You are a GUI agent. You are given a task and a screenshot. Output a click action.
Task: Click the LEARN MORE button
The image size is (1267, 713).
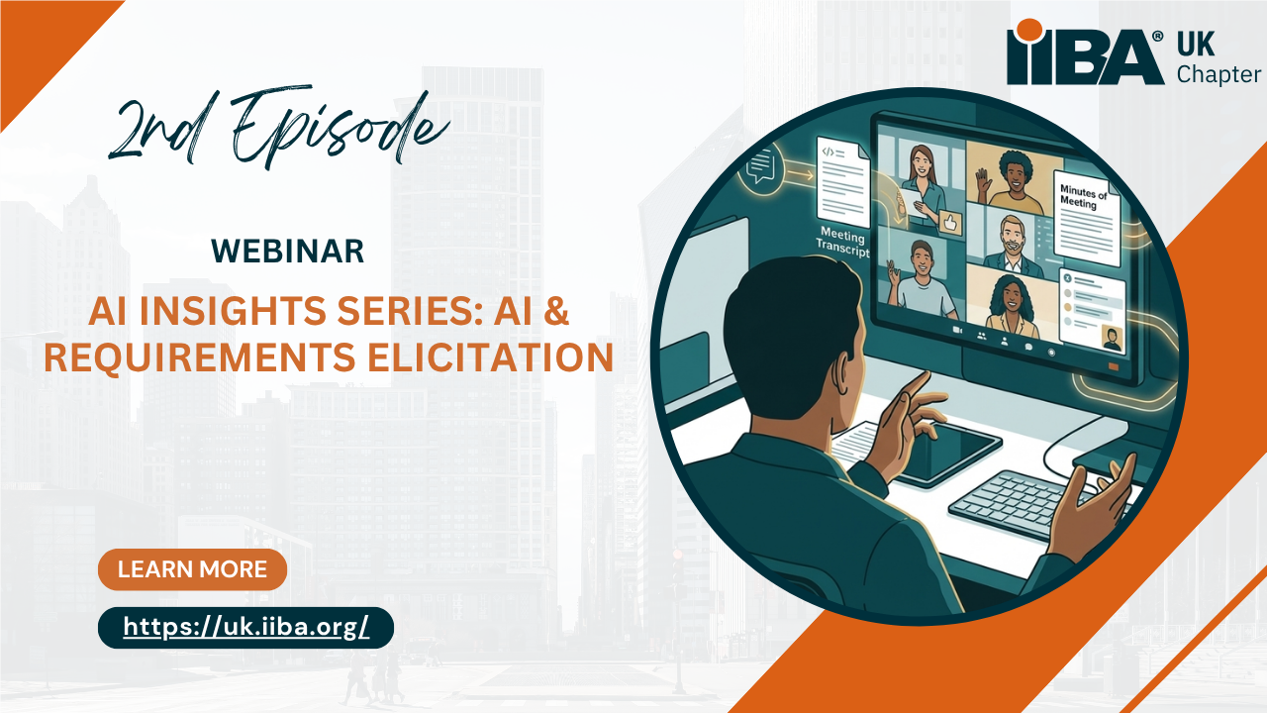(192, 569)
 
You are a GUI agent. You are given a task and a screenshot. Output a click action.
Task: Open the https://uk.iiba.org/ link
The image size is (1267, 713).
(246, 628)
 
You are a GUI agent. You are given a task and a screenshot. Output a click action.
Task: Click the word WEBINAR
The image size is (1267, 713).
(287, 252)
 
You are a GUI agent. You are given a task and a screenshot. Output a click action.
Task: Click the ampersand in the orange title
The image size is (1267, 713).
(555, 311)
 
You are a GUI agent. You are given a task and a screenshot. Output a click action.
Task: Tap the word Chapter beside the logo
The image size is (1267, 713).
(1218, 74)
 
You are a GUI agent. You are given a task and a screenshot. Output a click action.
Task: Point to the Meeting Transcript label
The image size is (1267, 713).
(842, 241)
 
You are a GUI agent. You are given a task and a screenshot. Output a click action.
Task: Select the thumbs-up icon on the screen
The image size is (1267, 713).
(950, 222)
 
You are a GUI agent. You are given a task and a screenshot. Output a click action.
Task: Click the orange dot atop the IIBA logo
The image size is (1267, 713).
(1028, 31)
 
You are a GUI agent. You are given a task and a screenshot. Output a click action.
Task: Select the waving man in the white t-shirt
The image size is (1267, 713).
(921, 280)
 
